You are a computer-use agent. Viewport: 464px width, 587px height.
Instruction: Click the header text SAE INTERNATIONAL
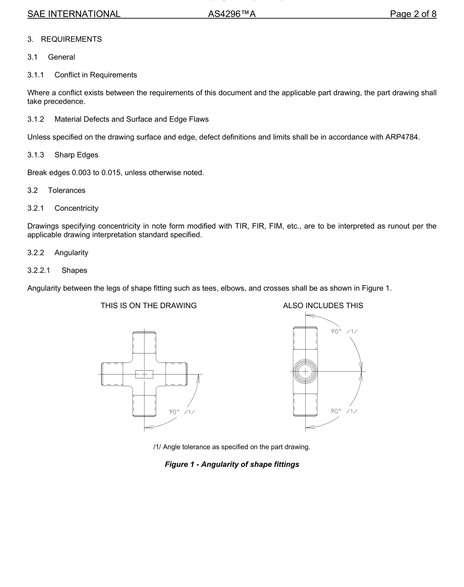point(74,14)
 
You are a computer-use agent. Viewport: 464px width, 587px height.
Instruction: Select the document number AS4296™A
point(232,14)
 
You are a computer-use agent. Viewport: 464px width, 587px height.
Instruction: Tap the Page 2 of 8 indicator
point(413,14)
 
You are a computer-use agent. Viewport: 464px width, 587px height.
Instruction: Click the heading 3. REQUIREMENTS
point(64,40)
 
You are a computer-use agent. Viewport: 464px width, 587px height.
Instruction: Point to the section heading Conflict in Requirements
point(96,75)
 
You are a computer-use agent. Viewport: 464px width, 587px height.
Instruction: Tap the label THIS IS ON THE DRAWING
point(148,306)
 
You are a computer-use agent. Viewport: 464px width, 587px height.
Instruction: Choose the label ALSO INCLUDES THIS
point(323,306)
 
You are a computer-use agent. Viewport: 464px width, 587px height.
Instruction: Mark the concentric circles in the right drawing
point(306,372)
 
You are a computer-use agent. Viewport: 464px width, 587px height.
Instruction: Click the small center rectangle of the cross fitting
point(144,374)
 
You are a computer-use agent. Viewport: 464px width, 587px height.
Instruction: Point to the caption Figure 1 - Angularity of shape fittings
point(232,464)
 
